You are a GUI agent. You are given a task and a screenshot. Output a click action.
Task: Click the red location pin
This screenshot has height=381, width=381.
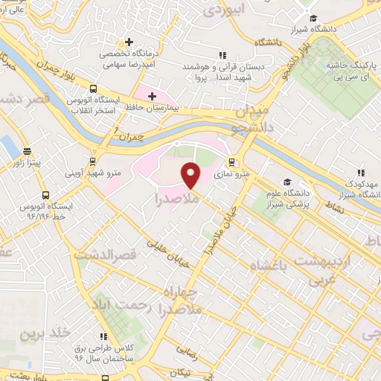pos(190,175)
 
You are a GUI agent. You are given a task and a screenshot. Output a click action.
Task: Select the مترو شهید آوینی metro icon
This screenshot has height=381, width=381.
pos(92,161)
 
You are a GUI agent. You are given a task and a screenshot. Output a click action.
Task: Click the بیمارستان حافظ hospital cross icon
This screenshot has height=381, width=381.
pos(153,96)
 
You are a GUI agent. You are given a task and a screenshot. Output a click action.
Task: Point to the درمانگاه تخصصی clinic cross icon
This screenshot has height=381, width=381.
pos(129,42)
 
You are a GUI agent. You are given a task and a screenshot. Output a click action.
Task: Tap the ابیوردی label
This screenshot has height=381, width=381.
pos(223,10)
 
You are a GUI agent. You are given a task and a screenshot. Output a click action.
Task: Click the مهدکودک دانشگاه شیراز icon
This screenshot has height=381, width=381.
pos(360,173)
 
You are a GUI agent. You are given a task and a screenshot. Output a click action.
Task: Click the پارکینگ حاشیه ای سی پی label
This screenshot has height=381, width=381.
pos(350,72)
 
